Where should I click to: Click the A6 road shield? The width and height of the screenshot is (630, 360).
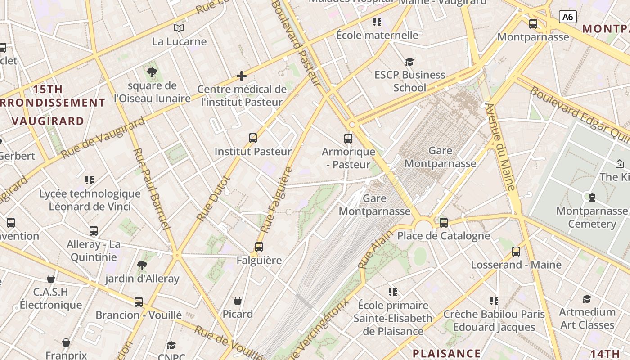pos(568,17)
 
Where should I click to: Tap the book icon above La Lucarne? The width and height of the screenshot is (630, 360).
pos(179,28)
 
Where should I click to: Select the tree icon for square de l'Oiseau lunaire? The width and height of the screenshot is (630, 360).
pos(152,72)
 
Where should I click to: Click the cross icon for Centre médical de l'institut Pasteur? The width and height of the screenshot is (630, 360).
pos(242,76)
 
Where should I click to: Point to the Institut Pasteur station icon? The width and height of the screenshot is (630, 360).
pos(253,138)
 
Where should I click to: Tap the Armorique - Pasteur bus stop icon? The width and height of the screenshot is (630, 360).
pos(348,138)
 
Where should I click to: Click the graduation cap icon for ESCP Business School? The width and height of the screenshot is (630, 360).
pos(409,62)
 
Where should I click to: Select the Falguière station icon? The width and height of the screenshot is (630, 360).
pos(259,247)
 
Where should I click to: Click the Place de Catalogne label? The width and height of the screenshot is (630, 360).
pos(443,236)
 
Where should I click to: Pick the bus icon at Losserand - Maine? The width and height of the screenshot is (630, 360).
pos(516,252)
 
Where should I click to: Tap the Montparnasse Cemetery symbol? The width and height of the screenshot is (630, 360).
pos(592,197)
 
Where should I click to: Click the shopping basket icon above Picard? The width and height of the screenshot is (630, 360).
pos(238,301)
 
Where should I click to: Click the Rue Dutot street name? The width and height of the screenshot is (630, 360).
pos(214,198)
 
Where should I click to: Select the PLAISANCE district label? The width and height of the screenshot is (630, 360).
pos(446,353)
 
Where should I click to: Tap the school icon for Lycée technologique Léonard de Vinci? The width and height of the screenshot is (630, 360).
pos(90,180)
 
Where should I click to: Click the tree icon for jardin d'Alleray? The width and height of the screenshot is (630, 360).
pos(142,265)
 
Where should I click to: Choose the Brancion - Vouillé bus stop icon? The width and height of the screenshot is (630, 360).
pos(139,302)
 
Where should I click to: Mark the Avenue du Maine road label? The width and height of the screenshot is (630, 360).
pos(500,147)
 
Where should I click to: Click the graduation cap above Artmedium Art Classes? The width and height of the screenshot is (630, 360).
pos(587,299)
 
